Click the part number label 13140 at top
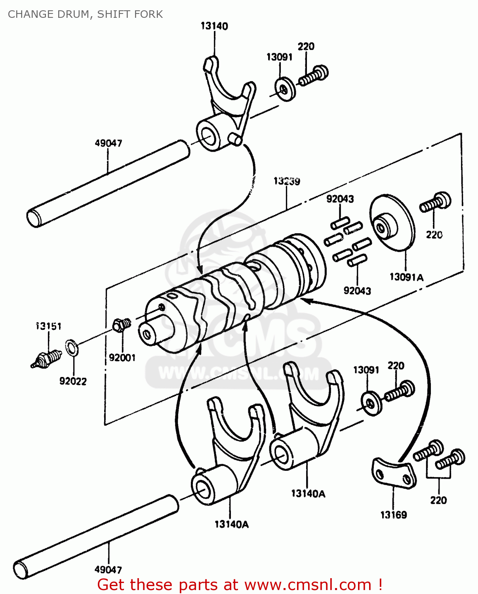coord(214,26)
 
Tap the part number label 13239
coord(287,181)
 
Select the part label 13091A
coord(406,277)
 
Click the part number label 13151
coord(48,326)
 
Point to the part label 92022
coord(73,381)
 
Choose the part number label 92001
coord(122,358)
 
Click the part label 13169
coord(393,515)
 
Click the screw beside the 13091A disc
coord(435,202)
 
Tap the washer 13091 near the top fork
coord(285,89)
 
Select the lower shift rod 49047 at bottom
coord(95,537)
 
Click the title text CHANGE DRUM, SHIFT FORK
coord(85,14)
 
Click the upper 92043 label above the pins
coord(340,199)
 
